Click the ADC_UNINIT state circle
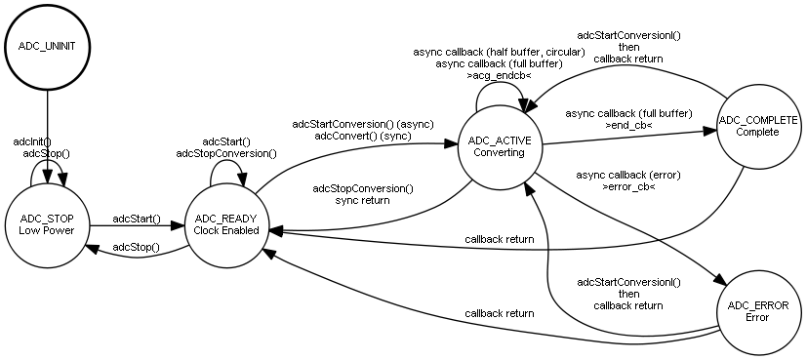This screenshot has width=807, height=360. (47, 47)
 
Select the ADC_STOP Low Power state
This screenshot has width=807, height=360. (47, 224)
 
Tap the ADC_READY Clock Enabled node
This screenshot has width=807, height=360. (226, 224)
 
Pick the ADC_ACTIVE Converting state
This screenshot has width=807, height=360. (500, 146)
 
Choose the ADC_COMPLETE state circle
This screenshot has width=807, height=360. (757, 127)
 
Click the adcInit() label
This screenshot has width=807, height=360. (32, 141)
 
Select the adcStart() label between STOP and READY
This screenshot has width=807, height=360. (137, 220)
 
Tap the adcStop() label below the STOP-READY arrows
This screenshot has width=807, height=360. (136, 248)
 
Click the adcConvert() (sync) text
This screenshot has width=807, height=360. (363, 136)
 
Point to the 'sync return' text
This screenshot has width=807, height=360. (362, 200)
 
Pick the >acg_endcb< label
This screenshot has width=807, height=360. (499, 75)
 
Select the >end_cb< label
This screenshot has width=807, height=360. (628, 125)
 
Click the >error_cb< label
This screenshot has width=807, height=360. (628, 186)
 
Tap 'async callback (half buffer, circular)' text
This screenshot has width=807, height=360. (499, 52)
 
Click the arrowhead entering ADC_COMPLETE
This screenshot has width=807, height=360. (709, 131)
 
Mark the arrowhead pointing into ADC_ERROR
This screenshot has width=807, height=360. (721, 280)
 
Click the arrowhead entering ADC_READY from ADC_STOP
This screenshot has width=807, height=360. (178, 225)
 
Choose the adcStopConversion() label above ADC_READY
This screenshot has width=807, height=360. (226, 153)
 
